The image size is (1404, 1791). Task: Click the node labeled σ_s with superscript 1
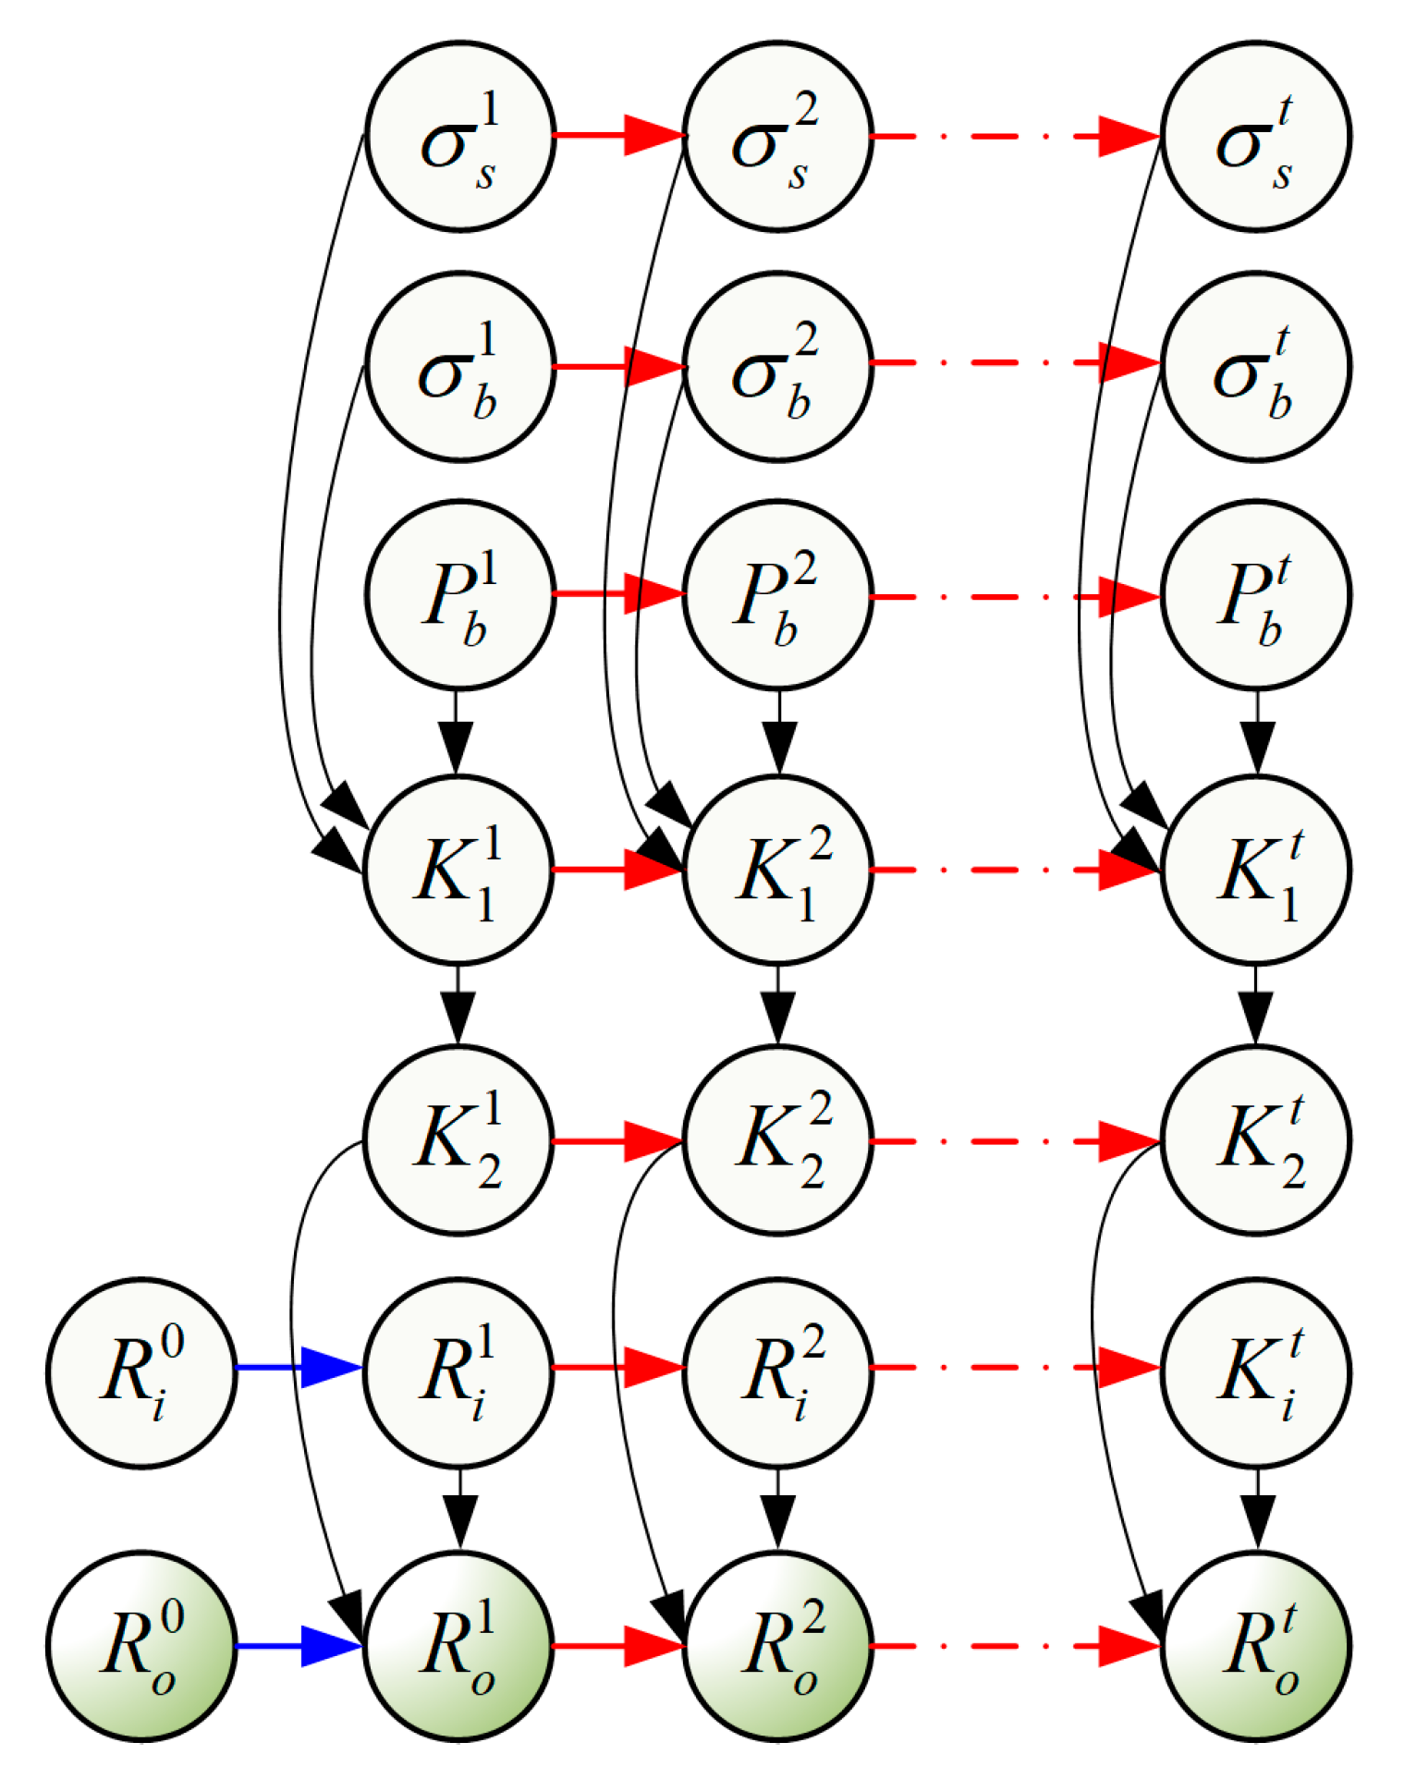pyautogui.click(x=459, y=136)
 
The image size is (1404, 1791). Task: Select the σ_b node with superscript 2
pyautogui.click(x=777, y=366)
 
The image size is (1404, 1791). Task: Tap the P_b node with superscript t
pyautogui.click(x=1255, y=595)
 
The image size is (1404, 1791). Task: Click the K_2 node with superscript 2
pyautogui.click(x=777, y=1140)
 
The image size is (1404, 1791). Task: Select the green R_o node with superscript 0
pyautogui.click(x=141, y=1646)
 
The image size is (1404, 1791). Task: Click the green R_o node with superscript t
pyautogui.click(x=1255, y=1646)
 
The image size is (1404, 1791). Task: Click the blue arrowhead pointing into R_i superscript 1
pyautogui.click(x=330, y=1367)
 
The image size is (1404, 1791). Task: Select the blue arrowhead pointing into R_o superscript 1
pyautogui.click(x=330, y=1646)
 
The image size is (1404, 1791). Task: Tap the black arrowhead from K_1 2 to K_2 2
pyautogui.click(x=777, y=1017)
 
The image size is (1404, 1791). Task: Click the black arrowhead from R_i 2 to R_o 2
pyautogui.click(x=777, y=1520)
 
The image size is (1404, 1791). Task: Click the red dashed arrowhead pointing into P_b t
pyautogui.click(x=1129, y=596)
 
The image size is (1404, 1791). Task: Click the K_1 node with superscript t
pyautogui.click(x=1255, y=870)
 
